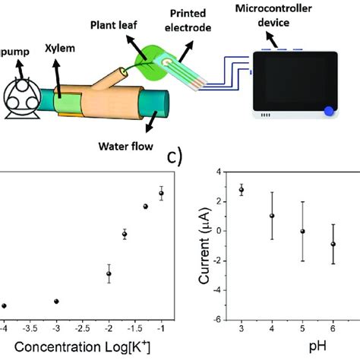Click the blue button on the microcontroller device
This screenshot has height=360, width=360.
pos(329,112)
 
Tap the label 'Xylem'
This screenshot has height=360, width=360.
pos(60,49)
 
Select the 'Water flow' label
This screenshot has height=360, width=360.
pos(126,147)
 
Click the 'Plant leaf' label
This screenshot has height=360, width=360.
pos(114,25)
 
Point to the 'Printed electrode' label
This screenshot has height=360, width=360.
pos(188,21)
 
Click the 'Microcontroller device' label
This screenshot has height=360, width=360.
pos(273,15)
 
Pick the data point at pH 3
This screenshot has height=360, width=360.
pos(242,190)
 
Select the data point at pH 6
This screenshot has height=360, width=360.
pos(333,244)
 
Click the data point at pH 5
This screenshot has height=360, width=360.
pos(302,231)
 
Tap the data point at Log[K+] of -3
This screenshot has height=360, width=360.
pos(56,302)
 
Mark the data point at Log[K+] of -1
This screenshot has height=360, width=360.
pos(161,193)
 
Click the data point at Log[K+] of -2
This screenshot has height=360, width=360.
pos(109,273)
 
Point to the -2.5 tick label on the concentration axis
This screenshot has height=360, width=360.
pos(83,329)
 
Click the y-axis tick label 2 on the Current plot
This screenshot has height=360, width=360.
pos(219,201)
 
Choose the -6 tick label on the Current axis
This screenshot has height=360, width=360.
pos(216,320)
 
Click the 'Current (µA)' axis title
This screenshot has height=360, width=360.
pos(204,245)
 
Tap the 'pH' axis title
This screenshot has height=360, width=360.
pos(317,346)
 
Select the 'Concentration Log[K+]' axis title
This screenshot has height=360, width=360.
pos(82,346)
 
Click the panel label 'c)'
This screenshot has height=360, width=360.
pos(175,158)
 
